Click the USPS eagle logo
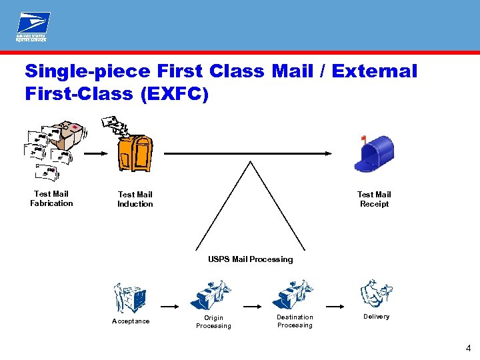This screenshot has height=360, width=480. pyautogui.click(x=32, y=27)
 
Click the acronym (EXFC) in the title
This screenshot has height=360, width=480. pyautogui.click(x=174, y=94)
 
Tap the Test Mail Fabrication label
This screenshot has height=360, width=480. pyautogui.click(x=51, y=199)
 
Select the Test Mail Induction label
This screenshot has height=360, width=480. pyautogui.click(x=135, y=199)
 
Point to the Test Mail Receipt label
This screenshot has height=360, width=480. pyautogui.click(x=374, y=199)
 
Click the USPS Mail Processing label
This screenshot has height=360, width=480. pyautogui.click(x=250, y=259)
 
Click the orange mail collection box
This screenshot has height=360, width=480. pyautogui.click(x=133, y=151)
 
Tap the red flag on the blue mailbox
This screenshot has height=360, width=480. pyautogui.click(x=363, y=139)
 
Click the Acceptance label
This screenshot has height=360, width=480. pyautogui.click(x=131, y=321)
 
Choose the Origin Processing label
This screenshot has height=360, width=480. pyautogui.click(x=213, y=322)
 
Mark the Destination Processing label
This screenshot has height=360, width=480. pyautogui.click(x=295, y=321)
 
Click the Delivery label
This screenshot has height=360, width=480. pyautogui.click(x=376, y=317)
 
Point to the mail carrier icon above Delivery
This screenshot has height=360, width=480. pyautogui.click(x=376, y=293)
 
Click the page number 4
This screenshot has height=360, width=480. pyautogui.click(x=468, y=348)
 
